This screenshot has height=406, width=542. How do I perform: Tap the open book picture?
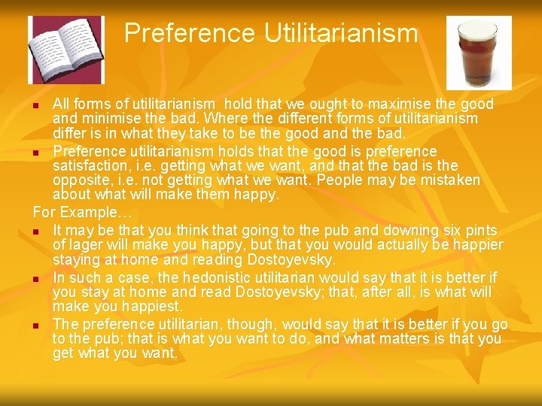click(x=66, y=50)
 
